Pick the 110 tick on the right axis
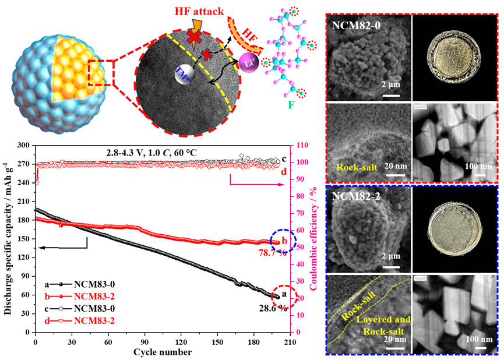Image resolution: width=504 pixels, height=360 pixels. (x=303, y=146)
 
